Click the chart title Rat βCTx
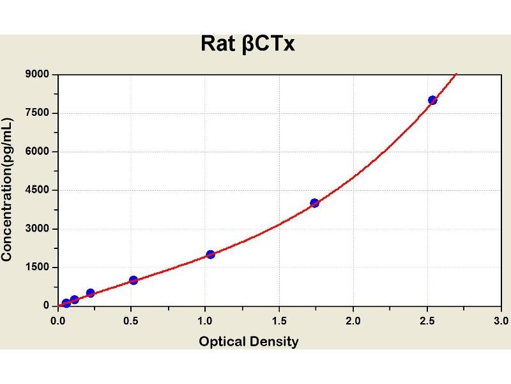[x=248, y=44]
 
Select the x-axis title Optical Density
[x=248, y=342]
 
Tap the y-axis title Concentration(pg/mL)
[x=7, y=189]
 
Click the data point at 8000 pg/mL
[x=432, y=100]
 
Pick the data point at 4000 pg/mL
[x=314, y=203]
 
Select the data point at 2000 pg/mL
[x=211, y=254]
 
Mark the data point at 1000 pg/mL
[x=133, y=280]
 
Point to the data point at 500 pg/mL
[x=91, y=292]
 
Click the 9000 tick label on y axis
[x=37, y=74]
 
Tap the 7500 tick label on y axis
[x=37, y=113]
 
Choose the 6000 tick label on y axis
[x=37, y=151]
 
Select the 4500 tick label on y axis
[x=37, y=189]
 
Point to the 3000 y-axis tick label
[x=37, y=228]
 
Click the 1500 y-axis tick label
[x=37, y=267]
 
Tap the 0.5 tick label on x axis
[x=131, y=321]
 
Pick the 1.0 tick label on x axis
[x=204, y=321]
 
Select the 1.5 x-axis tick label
[x=279, y=321]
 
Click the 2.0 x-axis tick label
[x=353, y=321]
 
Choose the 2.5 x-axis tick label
[x=427, y=321]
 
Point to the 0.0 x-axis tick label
[x=57, y=321]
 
